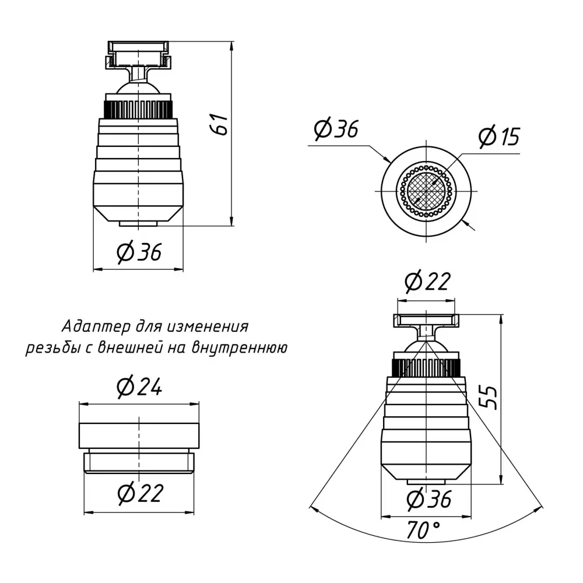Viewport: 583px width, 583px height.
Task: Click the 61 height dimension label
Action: (x=220, y=124)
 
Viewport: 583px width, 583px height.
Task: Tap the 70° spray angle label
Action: (x=423, y=530)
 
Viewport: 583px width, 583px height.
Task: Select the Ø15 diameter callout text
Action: (x=499, y=136)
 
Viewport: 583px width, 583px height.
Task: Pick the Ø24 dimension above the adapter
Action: (x=139, y=387)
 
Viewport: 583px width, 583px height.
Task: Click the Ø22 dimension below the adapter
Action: (x=141, y=493)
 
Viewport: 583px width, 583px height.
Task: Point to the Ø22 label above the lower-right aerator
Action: (x=427, y=281)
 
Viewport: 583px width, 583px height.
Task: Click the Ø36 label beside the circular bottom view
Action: (x=336, y=129)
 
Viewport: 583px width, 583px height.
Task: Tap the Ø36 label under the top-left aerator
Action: (x=139, y=252)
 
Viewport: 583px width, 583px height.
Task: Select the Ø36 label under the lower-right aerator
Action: (x=429, y=498)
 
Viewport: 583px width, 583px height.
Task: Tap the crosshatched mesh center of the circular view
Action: (x=426, y=191)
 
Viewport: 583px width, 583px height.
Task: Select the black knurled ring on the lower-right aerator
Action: (x=427, y=368)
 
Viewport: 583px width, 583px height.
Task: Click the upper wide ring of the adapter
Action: (x=139, y=436)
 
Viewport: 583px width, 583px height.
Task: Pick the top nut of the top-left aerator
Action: (x=138, y=54)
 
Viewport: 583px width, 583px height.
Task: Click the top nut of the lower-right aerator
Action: (x=426, y=321)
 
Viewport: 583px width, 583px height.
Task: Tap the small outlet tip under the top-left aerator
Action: (x=138, y=224)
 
